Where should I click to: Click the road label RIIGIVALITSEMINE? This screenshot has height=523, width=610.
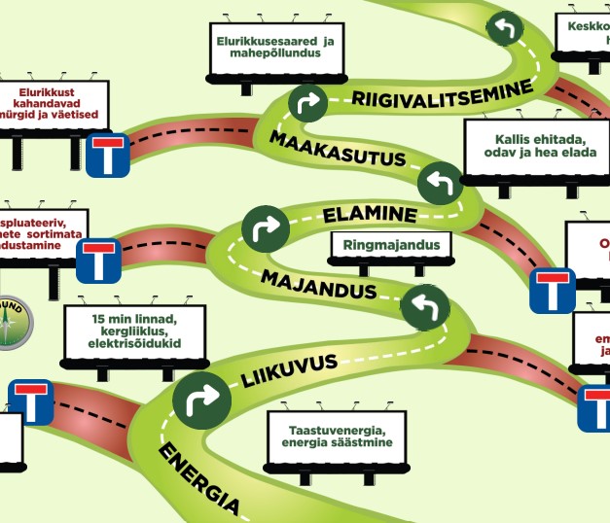pyautogui.click(x=443, y=93)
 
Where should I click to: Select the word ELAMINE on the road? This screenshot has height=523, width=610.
pyautogui.click(x=369, y=214)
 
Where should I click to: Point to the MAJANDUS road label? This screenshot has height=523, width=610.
pyautogui.click(x=318, y=286)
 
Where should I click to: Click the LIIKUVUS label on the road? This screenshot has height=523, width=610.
pyautogui.click(x=289, y=369)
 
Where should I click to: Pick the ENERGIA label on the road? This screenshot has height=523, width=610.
pyautogui.click(x=198, y=477)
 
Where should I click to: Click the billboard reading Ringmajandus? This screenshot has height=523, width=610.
pyautogui.click(x=391, y=245)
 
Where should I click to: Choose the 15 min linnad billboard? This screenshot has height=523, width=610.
pyautogui.click(x=133, y=331)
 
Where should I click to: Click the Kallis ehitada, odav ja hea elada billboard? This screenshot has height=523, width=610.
pyautogui.click(x=524, y=147)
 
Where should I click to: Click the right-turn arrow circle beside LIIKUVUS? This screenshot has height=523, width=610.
pyautogui.click(x=201, y=399)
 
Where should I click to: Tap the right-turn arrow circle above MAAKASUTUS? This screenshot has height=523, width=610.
pyautogui.click(x=306, y=101)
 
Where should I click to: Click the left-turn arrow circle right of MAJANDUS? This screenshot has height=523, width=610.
pyautogui.click(x=423, y=306)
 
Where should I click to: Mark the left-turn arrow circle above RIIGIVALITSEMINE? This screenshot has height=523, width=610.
pyautogui.click(x=504, y=26)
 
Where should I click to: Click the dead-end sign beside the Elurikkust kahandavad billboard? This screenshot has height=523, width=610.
pyautogui.click(x=107, y=156)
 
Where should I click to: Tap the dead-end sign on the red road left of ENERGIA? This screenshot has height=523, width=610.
pyautogui.click(x=31, y=401)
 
